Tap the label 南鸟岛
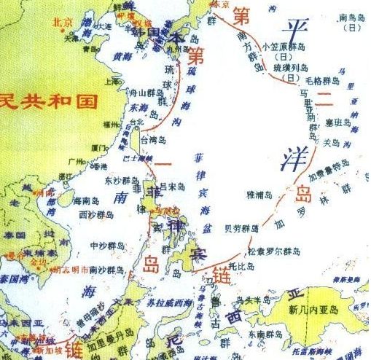pos(351,16)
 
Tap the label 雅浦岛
pos(259,195)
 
